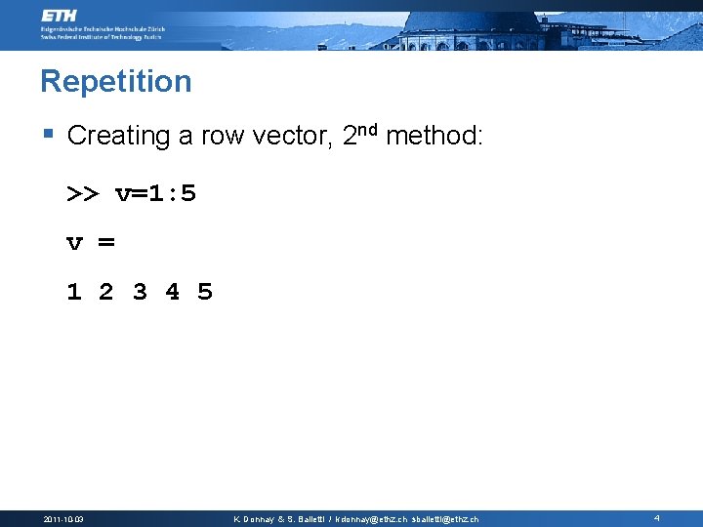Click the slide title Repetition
click(115, 81)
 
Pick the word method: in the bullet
click(434, 136)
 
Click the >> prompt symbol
click(82, 194)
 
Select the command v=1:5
click(155, 193)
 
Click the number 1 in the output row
click(73, 292)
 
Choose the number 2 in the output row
click(106, 292)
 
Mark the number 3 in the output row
click(140, 292)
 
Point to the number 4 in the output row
click(173, 292)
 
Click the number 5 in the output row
click(205, 292)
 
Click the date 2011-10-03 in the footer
click(63, 519)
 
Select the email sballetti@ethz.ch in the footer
click(445, 519)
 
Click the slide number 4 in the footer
click(657, 518)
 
